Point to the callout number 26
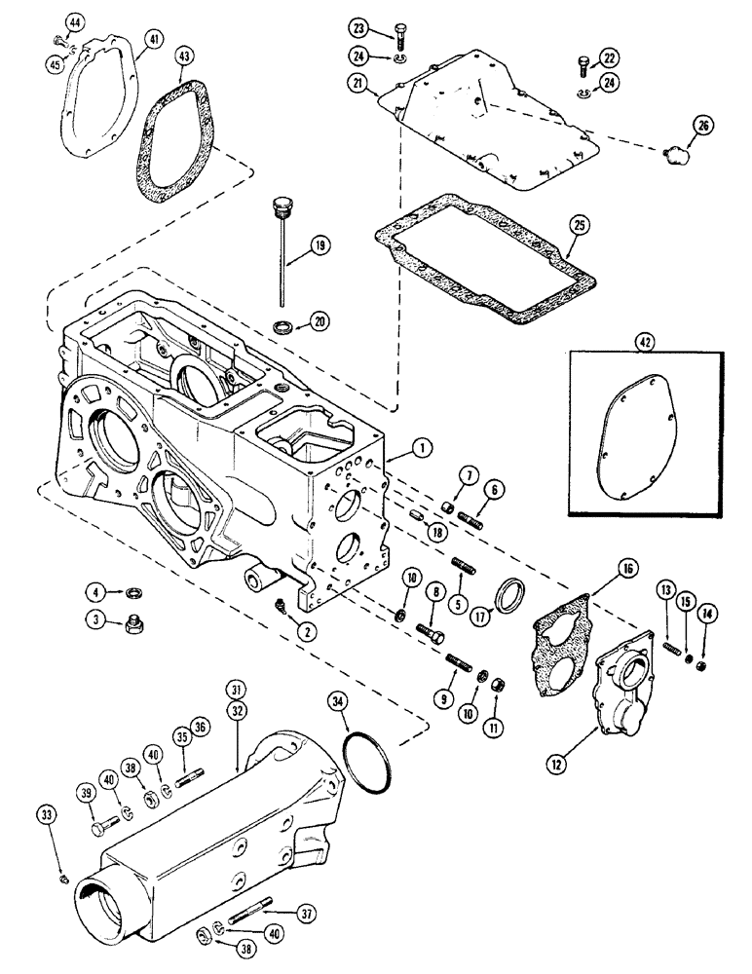[703, 125]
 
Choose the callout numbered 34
[336, 699]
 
